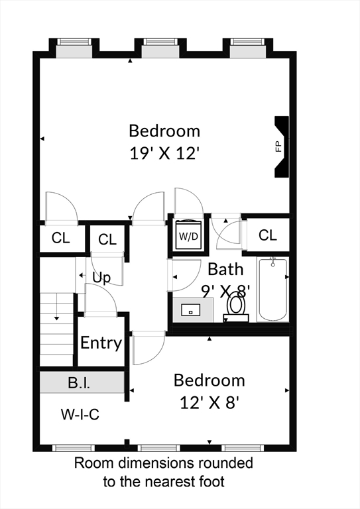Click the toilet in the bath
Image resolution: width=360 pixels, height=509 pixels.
coord(236,308)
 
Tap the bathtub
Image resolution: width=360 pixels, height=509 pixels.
coord(272,290)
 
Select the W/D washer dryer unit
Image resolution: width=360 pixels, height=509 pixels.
coord(188,235)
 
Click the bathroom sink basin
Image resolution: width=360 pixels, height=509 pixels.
coord(191,310)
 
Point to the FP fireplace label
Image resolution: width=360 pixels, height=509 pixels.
coord(278,146)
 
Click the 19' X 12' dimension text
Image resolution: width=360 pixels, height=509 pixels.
coord(164,153)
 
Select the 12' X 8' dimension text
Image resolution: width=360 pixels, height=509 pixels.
coord(210,403)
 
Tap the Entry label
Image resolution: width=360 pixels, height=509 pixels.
coord(101,343)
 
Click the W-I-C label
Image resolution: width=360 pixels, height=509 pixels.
coord(80,414)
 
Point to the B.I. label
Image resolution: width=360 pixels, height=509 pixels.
coord(79,383)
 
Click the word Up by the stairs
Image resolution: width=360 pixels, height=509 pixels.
coord(101,278)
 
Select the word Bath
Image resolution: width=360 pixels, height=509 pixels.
coord(225,269)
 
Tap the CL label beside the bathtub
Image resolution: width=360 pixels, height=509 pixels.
coord(268,235)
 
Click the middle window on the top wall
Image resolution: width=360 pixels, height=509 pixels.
coord(160,48)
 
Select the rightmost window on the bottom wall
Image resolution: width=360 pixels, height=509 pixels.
coord(243,448)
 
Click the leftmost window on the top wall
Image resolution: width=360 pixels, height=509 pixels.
coord(74,48)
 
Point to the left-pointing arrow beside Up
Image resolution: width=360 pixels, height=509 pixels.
coord(82,276)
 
